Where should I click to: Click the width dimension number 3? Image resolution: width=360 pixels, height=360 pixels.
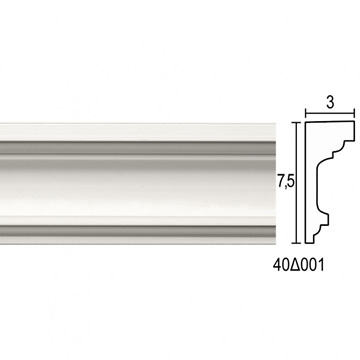click(x=330, y=103)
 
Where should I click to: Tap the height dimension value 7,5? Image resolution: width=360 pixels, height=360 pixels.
click(x=286, y=182)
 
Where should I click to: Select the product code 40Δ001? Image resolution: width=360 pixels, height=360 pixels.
click(x=298, y=265)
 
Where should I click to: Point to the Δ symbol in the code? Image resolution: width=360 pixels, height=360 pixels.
click(x=294, y=265)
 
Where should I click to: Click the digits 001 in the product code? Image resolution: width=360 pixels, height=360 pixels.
click(x=311, y=265)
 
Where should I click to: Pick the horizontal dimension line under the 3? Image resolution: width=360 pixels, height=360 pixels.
click(x=330, y=114)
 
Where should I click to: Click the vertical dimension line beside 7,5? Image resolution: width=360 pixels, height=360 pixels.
click(x=296, y=183)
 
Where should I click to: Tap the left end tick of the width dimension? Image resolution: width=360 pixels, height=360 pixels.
click(x=306, y=114)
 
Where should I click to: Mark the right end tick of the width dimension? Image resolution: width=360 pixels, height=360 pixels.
click(x=354, y=114)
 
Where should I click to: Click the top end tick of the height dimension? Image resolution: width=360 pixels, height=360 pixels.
click(x=296, y=123)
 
